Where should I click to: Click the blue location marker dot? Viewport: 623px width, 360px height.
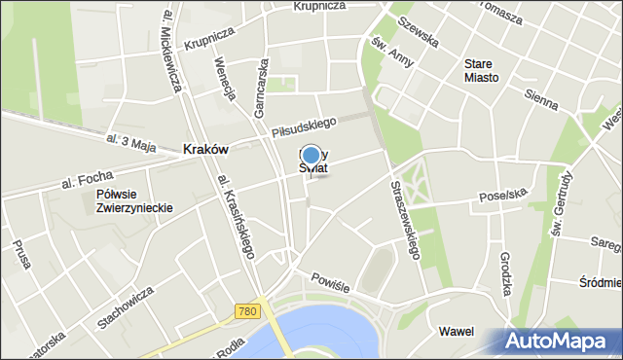pos(311,156)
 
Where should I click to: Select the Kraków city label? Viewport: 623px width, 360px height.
pos(205,149)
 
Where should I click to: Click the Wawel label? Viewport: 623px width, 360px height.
pos(456,332)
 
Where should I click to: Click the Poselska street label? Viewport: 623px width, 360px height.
pos(504,196)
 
